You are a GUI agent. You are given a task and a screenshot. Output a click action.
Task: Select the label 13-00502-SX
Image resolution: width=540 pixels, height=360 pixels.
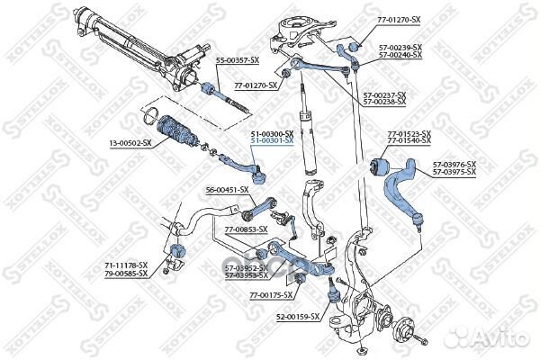[130, 142]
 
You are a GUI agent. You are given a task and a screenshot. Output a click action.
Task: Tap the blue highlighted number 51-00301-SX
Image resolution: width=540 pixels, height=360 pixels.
[272, 141]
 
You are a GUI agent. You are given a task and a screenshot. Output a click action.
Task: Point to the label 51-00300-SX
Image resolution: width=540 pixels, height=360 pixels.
[272, 134]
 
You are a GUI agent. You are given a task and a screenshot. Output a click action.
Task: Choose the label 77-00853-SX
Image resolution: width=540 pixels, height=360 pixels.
[246, 229]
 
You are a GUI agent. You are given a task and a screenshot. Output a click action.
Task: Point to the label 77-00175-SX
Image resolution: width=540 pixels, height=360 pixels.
[272, 294]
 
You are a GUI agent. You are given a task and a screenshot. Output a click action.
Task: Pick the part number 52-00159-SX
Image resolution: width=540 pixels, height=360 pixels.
[297, 316]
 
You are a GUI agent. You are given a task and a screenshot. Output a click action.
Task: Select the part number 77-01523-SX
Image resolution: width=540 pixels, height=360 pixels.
[409, 134]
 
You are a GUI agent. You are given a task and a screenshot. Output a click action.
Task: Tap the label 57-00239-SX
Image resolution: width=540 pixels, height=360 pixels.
[400, 48]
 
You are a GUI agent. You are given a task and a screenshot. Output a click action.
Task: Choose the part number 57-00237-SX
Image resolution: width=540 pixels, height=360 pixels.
[384, 94]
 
